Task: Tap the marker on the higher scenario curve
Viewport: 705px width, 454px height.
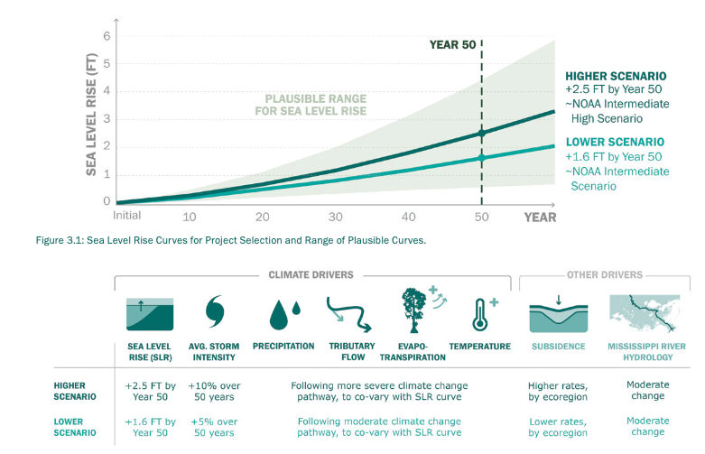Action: tap(481, 133)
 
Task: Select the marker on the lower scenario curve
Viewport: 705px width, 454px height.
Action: tap(481, 157)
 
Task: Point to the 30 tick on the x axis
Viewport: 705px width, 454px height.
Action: tap(335, 217)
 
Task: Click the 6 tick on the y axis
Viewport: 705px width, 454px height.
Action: tap(106, 36)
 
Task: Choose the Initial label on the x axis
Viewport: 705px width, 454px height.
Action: tap(127, 216)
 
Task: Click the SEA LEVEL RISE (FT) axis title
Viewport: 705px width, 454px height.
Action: tap(91, 115)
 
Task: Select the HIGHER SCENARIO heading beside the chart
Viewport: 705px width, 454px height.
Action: tap(616, 76)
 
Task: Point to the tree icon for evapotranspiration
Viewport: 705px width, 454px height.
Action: tap(414, 310)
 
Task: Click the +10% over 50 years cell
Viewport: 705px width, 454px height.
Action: tap(214, 390)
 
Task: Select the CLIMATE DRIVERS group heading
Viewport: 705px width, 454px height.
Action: tap(311, 274)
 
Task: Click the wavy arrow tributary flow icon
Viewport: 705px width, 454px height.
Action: tap(348, 312)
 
